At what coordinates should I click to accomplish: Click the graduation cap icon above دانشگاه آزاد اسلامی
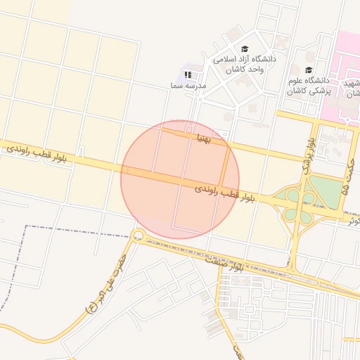[x=245, y=49]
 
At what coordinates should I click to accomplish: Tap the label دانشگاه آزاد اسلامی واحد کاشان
[x=245, y=65]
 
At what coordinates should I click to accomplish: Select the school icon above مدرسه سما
[x=187, y=74]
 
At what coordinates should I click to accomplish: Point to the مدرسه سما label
[x=187, y=85]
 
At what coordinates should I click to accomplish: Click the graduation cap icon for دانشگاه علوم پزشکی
[x=309, y=70]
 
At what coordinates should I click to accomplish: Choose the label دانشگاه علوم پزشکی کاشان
[x=309, y=86]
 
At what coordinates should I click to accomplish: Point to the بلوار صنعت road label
[x=224, y=264]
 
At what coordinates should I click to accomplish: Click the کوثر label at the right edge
[x=352, y=220]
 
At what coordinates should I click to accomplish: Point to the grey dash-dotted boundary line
[x=28, y=253]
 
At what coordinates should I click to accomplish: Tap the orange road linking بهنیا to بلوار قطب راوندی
[x=226, y=165]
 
